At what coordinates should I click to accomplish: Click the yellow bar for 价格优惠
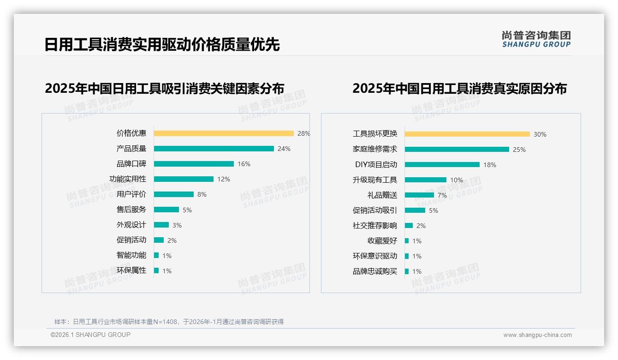pyautogui.click(x=224, y=133)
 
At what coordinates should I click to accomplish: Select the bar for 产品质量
pyautogui.click(x=214, y=149)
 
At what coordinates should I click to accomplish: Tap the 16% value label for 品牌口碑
pyautogui.click(x=244, y=164)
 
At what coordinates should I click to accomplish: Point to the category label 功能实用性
pyautogui.click(x=128, y=179)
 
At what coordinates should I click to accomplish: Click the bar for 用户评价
pyautogui.click(x=174, y=194)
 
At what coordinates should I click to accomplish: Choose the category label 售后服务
pyautogui.click(x=131, y=210)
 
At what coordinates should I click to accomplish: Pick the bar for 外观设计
pyautogui.click(x=161, y=225)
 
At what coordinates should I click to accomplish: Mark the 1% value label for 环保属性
pyautogui.click(x=166, y=271)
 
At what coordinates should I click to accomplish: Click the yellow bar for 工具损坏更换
pyautogui.click(x=467, y=134)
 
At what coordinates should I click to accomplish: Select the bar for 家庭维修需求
pyautogui.click(x=457, y=150)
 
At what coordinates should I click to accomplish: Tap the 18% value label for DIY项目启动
pyautogui.click(x=490, y=165)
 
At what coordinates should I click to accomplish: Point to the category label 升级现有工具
pyautogui.click(x=375, y=180)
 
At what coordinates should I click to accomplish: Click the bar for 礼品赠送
pyautogui.click(x=419, y=195)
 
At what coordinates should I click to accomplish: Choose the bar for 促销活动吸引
pyautogui.click(x=415, y=210)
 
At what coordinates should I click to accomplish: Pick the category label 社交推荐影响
pyautogui.click(x=375, y=226)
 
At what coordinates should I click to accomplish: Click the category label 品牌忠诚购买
pyautogui.click(x=375, y=271)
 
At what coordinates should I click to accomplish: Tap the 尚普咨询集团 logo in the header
pyautogui.click(x=536, y=39)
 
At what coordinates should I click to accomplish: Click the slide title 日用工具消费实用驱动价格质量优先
pyautogui.click(x=162, y=45)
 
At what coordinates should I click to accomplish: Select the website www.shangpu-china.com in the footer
pyautogui.click(x=537, y=335)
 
